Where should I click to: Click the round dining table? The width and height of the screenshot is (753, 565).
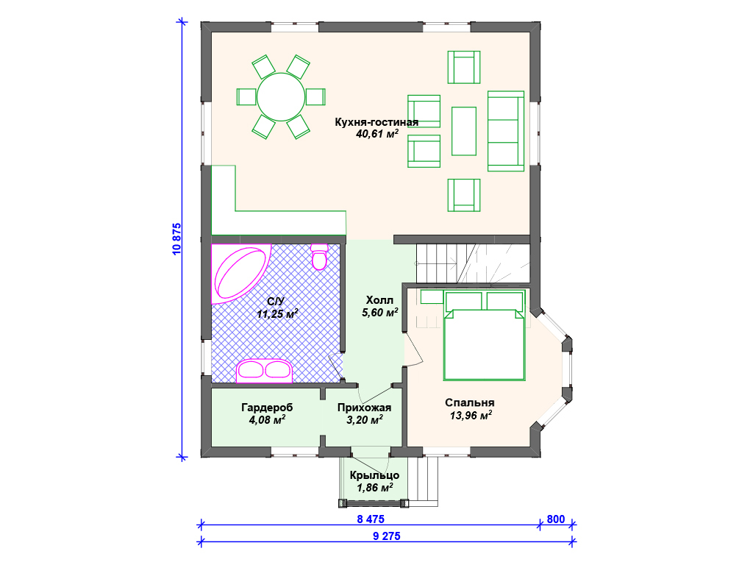click(281, 97)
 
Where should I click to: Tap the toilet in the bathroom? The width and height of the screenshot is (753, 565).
click(319, 257)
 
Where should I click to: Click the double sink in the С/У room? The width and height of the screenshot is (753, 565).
click(264, 371)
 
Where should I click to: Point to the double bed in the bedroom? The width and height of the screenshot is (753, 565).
click(484, 335)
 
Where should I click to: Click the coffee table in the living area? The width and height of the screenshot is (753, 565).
click(464, 131)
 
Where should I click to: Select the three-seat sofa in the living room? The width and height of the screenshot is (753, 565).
click(506, 131)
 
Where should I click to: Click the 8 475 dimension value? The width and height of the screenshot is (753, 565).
click(371, 519)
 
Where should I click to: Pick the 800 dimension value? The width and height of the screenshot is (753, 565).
click(556, 519)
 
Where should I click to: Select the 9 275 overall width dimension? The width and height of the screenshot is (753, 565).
click(387, 536)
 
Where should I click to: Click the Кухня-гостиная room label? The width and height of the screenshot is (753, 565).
click(376, 122)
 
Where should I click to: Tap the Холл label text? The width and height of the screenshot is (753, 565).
click(379, 300)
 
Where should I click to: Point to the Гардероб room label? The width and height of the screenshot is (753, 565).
click(267, 408)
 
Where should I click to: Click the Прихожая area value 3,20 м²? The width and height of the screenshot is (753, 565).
click(365, 420)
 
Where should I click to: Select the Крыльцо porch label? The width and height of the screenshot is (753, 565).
click(374, 475)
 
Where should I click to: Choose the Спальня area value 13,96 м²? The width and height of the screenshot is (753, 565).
click(471, 416)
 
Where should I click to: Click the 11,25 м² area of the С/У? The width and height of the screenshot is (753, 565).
click(277, 314)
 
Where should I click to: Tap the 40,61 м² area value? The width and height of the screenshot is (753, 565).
click(377, 134)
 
